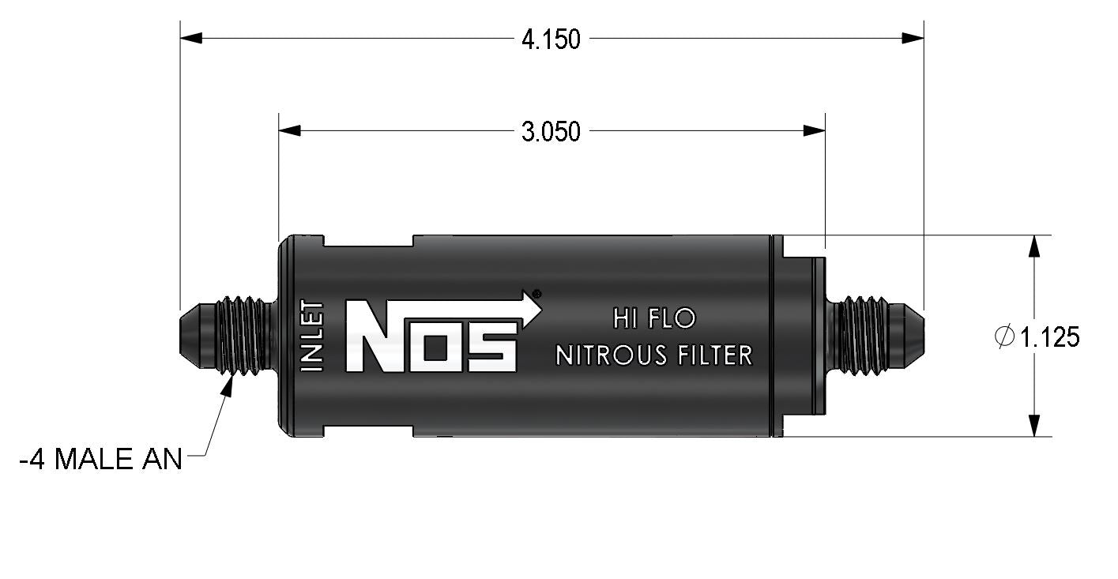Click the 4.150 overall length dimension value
click(x=551, y=39)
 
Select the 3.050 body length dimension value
click(x=551, y=132)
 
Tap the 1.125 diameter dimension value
click(x=1049, y=337)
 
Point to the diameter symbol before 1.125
click(x=1004, y=336)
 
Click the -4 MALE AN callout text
click(x=101, y=459)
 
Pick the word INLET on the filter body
click(x=312, y=336)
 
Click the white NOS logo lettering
click(x=431, y=336)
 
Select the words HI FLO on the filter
click(x=654, y=318)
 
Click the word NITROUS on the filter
click(x=612, y=355)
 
